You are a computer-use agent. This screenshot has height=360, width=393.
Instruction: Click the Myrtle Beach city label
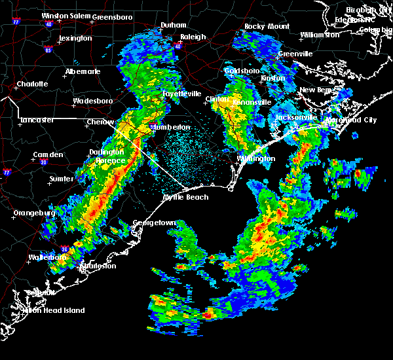(186, 197)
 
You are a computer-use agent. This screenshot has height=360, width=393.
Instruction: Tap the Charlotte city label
(32, 84)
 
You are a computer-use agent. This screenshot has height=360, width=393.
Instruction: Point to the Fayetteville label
(181, 94)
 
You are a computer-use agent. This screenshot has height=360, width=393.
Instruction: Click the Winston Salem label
(64, 16)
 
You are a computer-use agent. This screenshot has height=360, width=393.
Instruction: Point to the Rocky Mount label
(267, 26)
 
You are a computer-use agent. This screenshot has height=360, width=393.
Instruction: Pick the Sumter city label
(60, 178)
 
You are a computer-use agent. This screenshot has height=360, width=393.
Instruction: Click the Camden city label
(48, 154)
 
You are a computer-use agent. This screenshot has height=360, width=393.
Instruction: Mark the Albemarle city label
(83, 71)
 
